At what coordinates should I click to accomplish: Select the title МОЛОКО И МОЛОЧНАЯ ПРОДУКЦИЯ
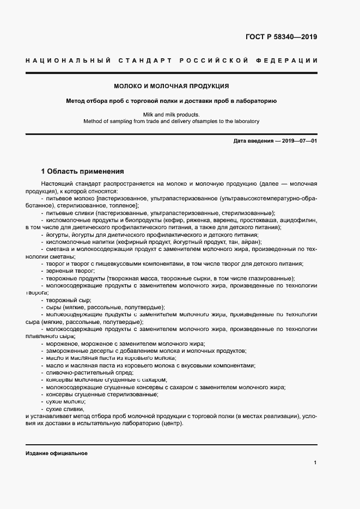[x=172, y=86]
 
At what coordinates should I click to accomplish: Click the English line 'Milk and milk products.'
[x=172, y=114]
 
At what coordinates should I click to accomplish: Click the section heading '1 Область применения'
[x=83, y=170]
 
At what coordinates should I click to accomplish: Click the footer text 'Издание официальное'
[x=57, y=453]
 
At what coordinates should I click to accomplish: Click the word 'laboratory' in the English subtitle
[x=246, y=121]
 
